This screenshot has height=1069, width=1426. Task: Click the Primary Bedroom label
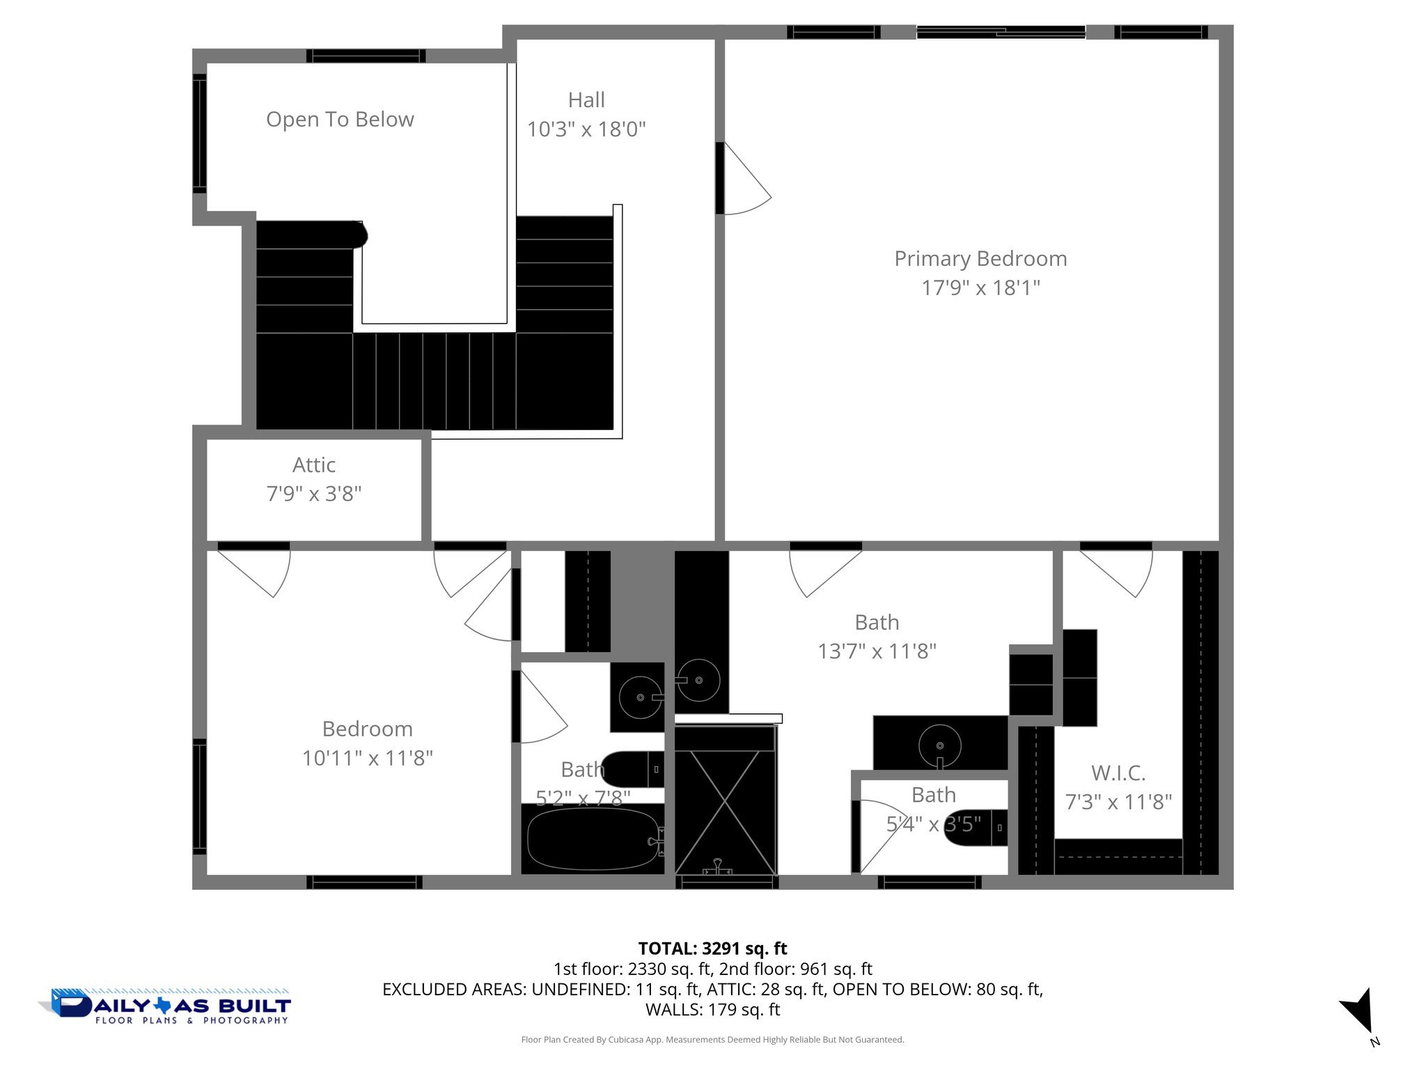point(980,259)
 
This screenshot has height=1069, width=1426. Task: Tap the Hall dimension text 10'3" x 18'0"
point(586,129)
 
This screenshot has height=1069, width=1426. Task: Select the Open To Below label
point(340,120)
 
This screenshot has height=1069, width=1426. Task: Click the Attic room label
point(314,465)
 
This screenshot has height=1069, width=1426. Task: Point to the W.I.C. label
point(1118,773)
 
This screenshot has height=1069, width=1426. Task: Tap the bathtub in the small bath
point(593,839)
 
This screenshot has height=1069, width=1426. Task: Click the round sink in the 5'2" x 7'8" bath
point(640,697)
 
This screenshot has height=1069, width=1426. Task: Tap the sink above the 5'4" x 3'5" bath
point(939,745)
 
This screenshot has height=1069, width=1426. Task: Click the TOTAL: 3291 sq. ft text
point(712,949)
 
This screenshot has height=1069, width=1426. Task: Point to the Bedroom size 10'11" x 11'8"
point(367,758)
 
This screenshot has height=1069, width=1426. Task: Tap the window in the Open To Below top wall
point(366,56)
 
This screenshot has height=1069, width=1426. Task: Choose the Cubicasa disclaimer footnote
point(712,1040)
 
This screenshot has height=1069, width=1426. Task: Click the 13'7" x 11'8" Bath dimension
point(877,651)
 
